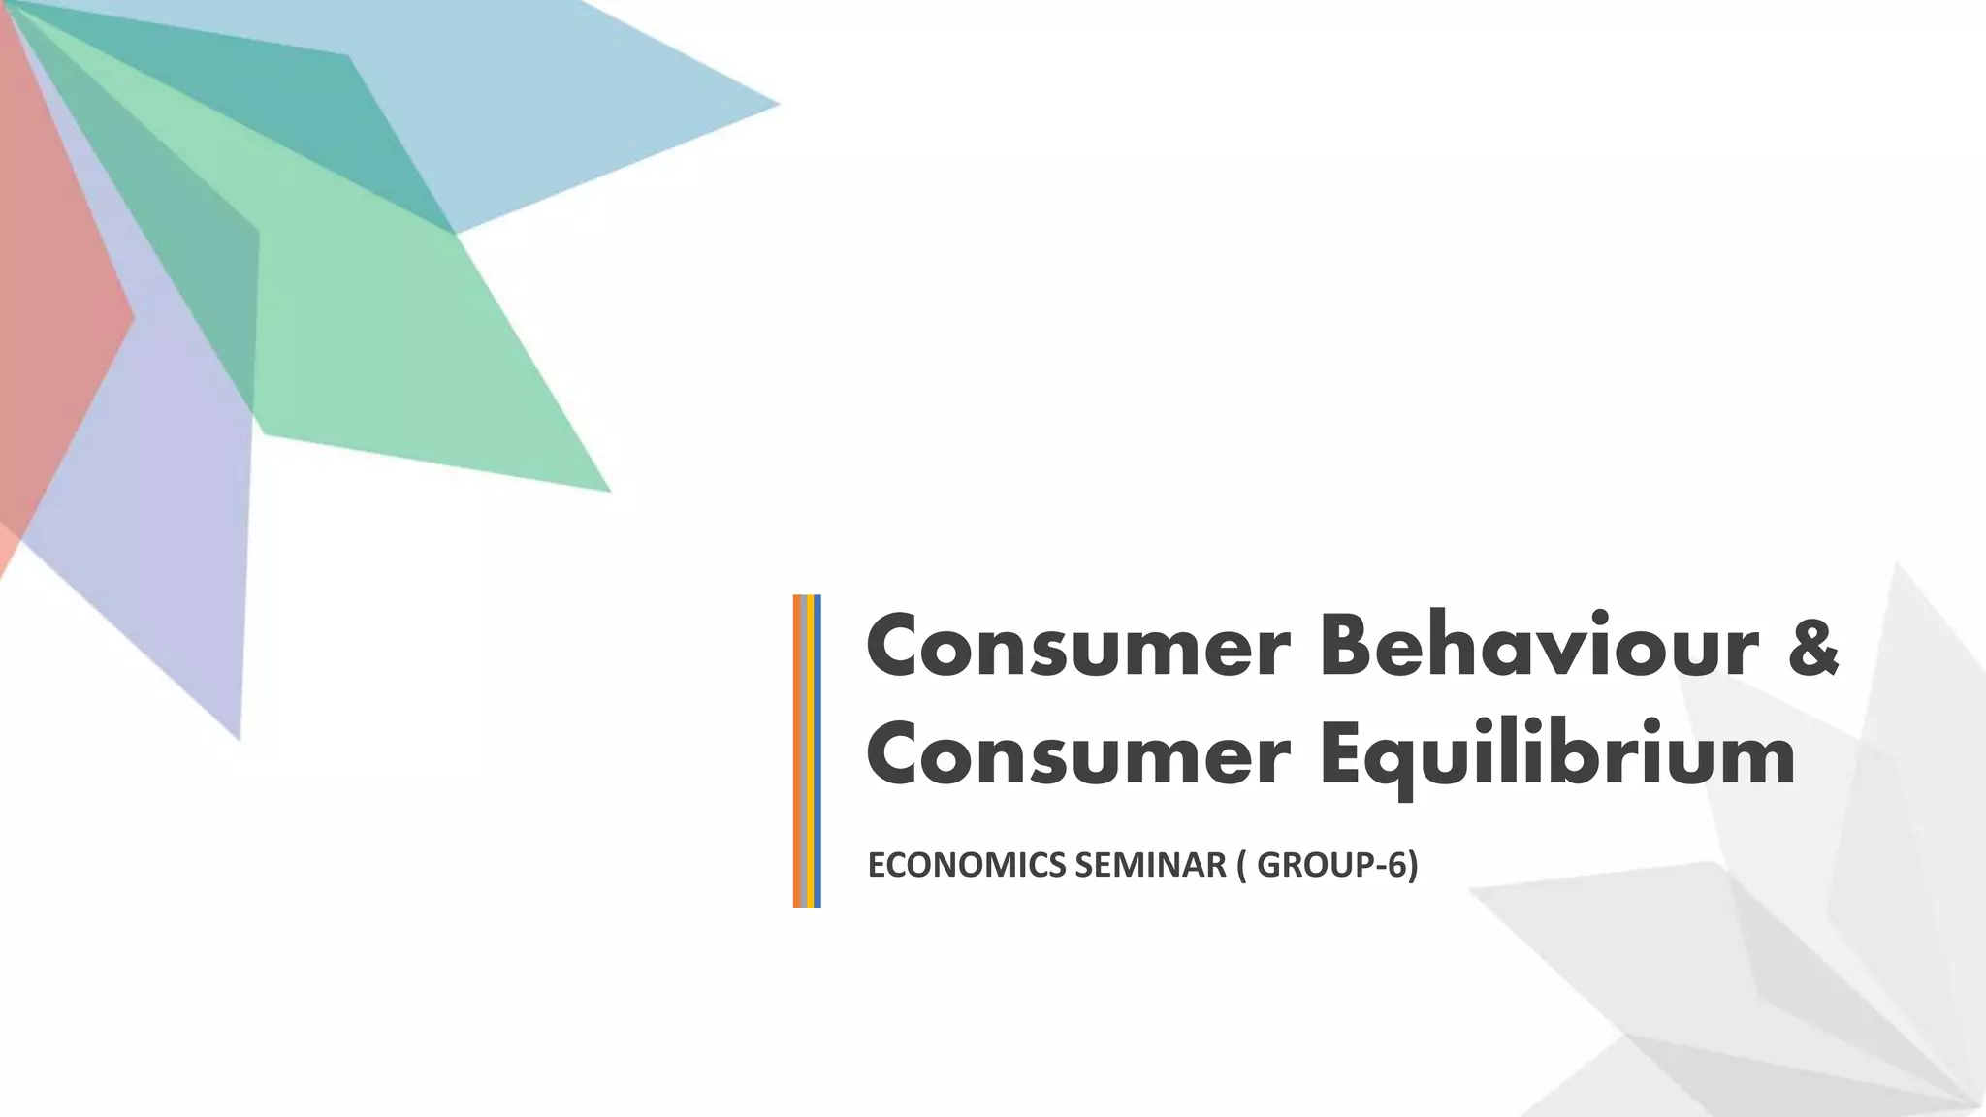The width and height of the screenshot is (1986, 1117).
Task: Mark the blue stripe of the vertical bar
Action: click(x=817, y=750)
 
